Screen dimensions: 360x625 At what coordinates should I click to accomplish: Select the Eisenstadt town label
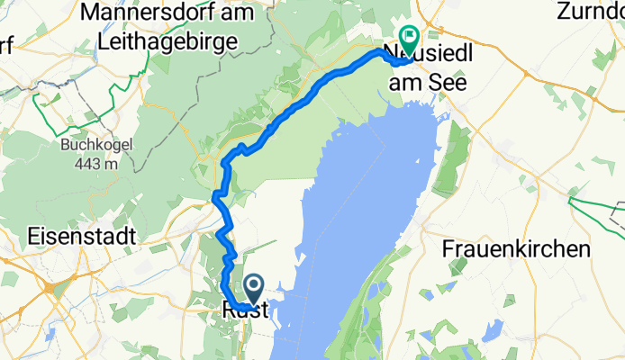pos(82,237)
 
